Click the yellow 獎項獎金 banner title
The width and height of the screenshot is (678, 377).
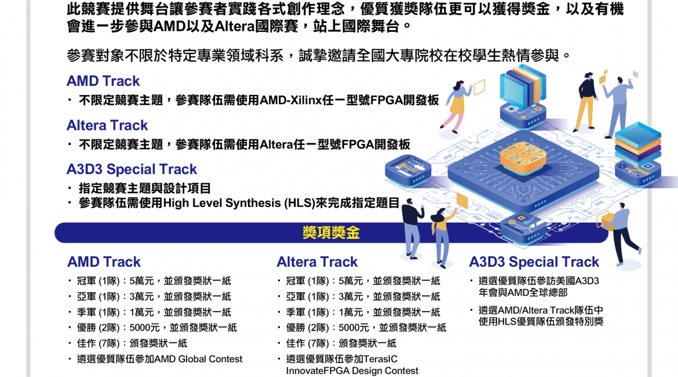point(331,233)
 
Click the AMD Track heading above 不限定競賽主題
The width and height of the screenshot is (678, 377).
point(103,81)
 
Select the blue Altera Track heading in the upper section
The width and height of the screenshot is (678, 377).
point(107,125)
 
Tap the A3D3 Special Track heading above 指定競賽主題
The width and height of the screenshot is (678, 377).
point(132,169)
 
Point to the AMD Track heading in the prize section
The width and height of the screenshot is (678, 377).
point(104,262)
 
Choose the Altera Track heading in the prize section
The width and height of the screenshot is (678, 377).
point(317,262)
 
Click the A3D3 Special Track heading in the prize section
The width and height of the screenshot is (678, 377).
point(534,262)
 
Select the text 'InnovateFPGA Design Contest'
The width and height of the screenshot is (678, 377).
point(352,371)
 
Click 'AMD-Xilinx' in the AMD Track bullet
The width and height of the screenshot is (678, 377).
point(290,100)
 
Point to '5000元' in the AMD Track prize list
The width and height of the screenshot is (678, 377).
point(145,328)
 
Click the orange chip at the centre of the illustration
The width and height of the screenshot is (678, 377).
point(523,157)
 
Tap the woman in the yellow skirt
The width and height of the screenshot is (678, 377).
point(456,106)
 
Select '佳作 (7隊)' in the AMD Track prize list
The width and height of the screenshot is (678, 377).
point(98,343)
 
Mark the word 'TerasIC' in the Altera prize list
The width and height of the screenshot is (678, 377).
point(381,359)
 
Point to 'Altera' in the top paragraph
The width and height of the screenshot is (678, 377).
point(234,27)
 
